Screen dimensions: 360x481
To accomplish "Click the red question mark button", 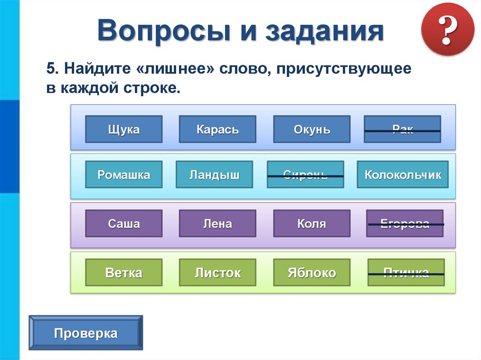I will pyautogui.click(x=448, y=29).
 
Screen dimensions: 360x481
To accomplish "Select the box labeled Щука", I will pyautogui.click(x=124, y=129).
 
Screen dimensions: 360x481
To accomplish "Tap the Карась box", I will pyautogui.click(x=217, y=129).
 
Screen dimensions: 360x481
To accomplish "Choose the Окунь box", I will pyautogui.click(x=312, y=129).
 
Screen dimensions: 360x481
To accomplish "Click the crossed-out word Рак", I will pyautogui.click(x=403, y=130).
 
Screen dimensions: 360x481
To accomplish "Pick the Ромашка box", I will pyautogui.click(x=124, y=175).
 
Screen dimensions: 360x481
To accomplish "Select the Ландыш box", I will pyautogui.click(x=214, y=175).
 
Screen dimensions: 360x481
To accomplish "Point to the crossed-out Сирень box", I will pyautogui.click(x=305, y=175).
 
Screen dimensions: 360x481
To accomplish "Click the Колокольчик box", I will pyautogui.click(x=403, y=175).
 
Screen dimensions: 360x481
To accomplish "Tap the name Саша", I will pyautogui.click(x=124, y=223).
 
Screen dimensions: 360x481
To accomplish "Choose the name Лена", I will pyautogui.click(x=217, y=223).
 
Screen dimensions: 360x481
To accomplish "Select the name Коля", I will pyautogui.click(x=312, y=223).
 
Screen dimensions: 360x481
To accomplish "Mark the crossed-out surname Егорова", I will pyautogui.click(x=405, y=223).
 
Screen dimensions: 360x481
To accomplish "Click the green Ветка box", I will pyautogui.click(x=124, y=272).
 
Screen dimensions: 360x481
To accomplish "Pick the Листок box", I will pyautogui.click(x=217, y=272).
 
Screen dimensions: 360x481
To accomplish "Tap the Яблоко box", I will pyautogui.click(x=312, y=272).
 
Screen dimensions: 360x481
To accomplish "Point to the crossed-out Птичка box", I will pyautogui.click(x=406, y=272).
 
